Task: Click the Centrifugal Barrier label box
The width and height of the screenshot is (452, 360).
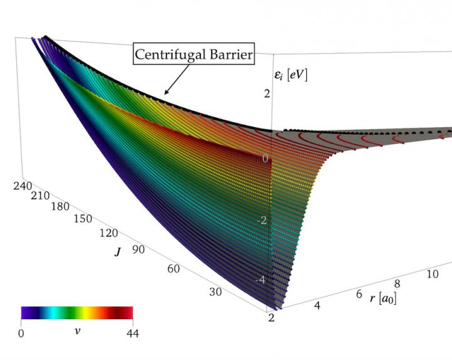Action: click(194, 55)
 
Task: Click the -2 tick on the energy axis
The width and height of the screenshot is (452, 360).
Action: click(263, 220)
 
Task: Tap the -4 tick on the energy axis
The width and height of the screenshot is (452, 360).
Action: click(262, 279)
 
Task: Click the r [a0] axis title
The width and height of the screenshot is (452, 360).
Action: click(383, 297)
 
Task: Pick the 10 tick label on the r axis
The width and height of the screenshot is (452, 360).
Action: click(433, 274)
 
